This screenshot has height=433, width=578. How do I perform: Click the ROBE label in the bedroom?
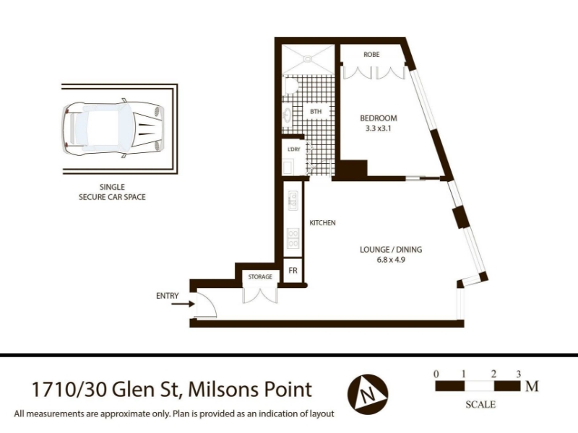(371, 55)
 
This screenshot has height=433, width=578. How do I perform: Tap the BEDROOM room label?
(378, 118)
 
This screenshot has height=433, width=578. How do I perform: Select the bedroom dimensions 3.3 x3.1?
(378, 128)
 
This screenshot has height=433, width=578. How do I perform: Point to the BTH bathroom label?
(316, 111)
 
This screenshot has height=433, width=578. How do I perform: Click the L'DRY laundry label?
(294, 149)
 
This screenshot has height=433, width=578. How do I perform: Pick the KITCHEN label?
(322, 223)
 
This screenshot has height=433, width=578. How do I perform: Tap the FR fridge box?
(293, 271)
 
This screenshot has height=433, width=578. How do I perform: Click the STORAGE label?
(260, 276)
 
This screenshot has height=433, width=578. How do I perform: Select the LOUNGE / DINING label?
(391, 249)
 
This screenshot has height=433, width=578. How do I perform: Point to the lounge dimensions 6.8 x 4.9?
(391, 260)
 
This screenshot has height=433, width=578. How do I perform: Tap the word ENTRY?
(168, 296)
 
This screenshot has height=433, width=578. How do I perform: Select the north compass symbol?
(368, 394)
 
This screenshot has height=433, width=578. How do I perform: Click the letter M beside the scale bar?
(532, 386)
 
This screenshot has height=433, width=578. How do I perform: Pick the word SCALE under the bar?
(480, 404)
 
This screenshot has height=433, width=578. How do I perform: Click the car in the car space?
(113, 128)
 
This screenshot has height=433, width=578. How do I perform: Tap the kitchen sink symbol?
(293, 201)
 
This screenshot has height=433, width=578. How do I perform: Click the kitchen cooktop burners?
(293, 238)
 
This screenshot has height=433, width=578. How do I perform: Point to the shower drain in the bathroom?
(307, 58)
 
